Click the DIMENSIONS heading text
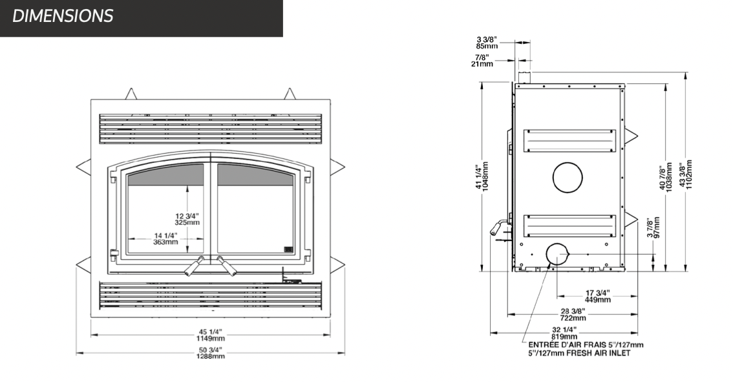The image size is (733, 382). (x=63, y=16)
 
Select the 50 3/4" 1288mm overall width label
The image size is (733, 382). (x=211, y=353)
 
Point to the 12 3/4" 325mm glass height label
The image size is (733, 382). (x=187, y=219)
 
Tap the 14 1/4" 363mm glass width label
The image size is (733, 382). (x=165, y=239)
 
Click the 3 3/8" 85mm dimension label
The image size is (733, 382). (x=487, y=43)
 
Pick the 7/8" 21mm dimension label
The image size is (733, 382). (x=482, y=60)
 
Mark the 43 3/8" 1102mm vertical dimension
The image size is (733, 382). (x=685, y=174)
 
